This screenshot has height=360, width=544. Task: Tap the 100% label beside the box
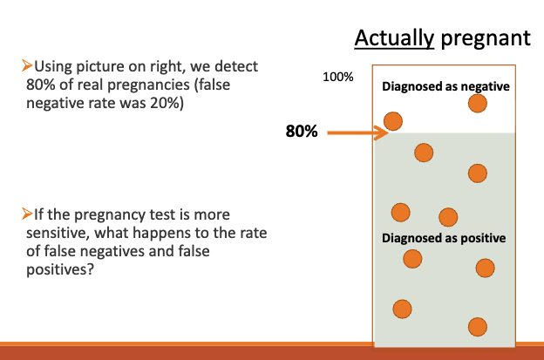pos(337,77)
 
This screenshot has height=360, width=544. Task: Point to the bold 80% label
pos(301,132)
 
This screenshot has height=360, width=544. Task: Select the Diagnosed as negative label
pos(445,87)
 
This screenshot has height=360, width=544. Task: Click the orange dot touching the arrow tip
pos(393,121)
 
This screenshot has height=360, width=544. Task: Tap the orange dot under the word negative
pos(477,104)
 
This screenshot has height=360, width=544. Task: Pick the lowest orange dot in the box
pos(476,327)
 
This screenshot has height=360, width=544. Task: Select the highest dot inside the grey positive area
pos(424,153)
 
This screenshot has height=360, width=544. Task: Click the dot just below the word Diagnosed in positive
pos(412,258)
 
